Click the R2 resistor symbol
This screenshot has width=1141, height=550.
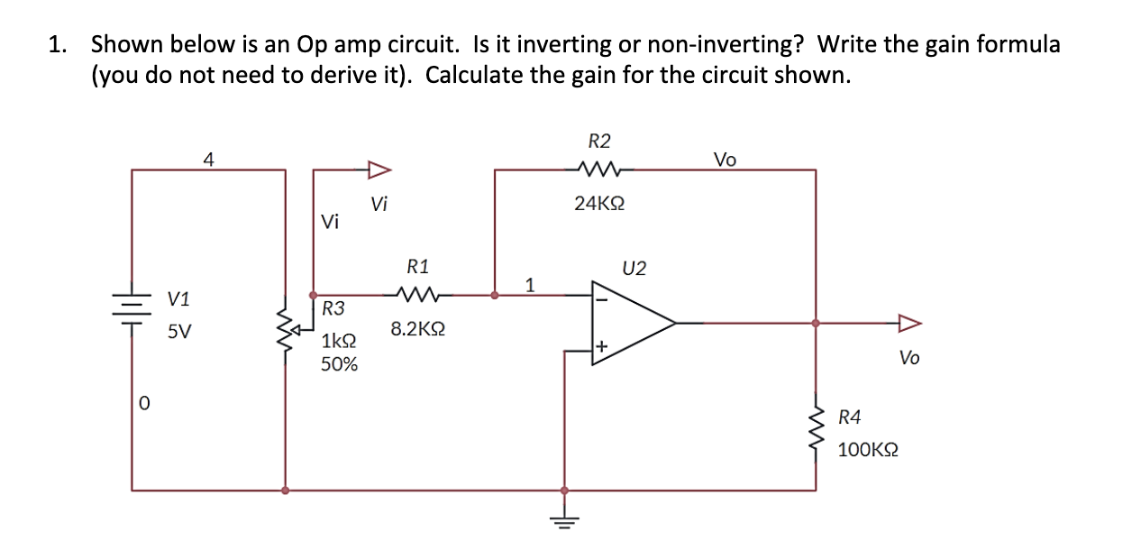pyautogui.click(x=598, y=168)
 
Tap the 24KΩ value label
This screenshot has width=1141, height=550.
pyautogui.click(x=599, y=204)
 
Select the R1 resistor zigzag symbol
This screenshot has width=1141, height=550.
pyautogui.click(x=417, y=294)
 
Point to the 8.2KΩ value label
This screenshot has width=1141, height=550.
pyautogui.click(x=417, y=330)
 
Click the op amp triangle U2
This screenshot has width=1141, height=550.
pyautogui.click(x=631, y=322)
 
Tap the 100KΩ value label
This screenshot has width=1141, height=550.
pyautogui.click(x=867, y=449)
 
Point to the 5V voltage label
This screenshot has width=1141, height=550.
pyautogui.click(x=179, y=332)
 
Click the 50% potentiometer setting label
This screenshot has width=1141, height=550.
pyautogui.click(x=339, y=364)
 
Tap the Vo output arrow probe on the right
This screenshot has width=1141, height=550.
pyautogui.click(x=908, y=323)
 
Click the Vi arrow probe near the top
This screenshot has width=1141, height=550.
pyautogui.click(x=379, y=169)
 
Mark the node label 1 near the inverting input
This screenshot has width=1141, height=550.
pyautogui.click(x=530, y=285)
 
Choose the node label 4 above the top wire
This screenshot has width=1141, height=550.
pyautogui.click(x=208, y=160)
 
